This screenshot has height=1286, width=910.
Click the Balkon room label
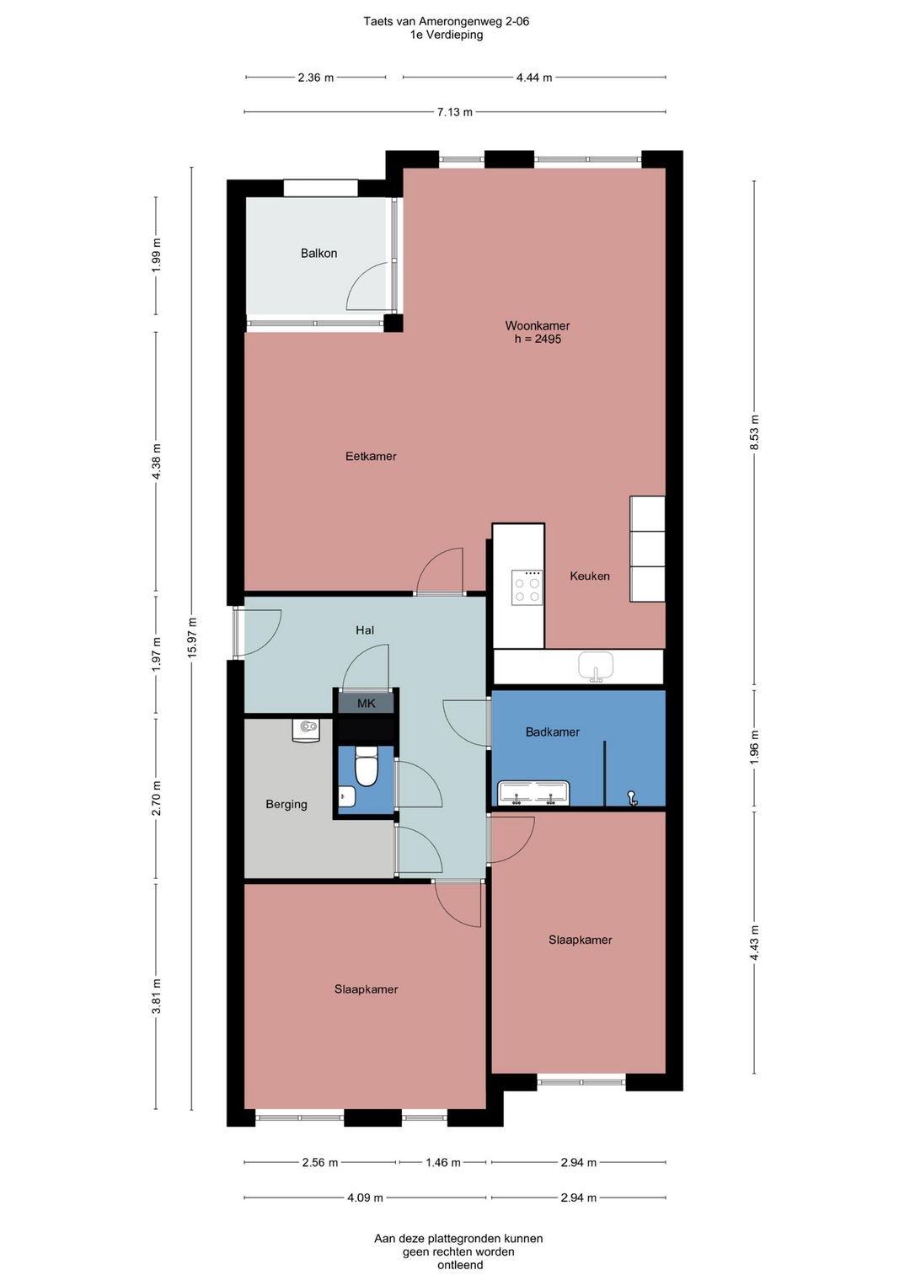click(x=318, y=253)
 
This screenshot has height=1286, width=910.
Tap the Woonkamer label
click(x=538, y=325)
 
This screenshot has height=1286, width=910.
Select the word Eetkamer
click(x=371, y=457)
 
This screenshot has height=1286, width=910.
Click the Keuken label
click(x=590, y=576)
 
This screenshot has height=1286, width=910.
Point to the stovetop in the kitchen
click(x=527, y=587)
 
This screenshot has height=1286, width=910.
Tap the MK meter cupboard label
click(x=367, y=704)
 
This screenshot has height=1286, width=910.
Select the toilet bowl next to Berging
click(x=366, y=766)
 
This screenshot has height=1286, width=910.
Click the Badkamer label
click(x=552, y=732)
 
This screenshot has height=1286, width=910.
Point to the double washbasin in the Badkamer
click(x=534, y=793)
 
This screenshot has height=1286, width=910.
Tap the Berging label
click(x=286, y=804)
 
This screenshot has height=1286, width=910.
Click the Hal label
click(x=365, y=630)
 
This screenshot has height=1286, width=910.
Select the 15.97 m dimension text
click(x=192, y=638)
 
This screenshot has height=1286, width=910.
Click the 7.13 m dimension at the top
click(x=455, y=112)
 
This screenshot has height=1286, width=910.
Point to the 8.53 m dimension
click(x=754, y=432)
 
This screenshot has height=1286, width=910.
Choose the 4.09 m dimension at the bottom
click(x=365, y=1198)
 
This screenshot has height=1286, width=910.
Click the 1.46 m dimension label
click(x=442, y=1163)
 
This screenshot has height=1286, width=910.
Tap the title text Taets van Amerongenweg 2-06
click(x=446, y=21)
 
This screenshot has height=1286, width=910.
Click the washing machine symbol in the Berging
click(x=305, y=731)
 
